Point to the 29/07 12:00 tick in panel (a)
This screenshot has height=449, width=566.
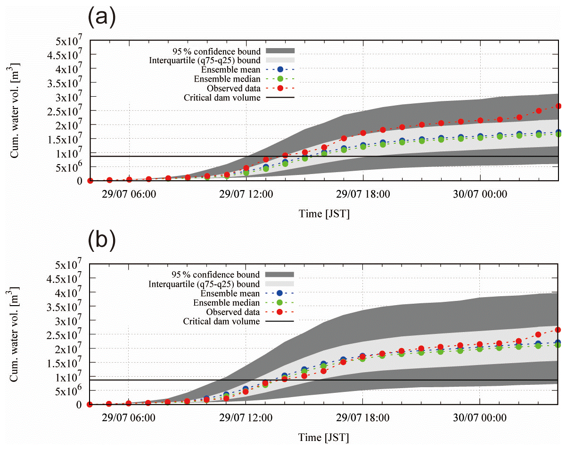tap(246, 194)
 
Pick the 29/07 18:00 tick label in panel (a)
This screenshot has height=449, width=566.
tap(363, 194)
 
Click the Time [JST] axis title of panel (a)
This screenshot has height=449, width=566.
tap(324, 214)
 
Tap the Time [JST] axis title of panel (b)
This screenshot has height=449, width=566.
tap(324, 438)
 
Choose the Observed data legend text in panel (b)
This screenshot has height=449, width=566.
tap(233, 312)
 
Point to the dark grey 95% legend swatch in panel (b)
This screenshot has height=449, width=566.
tap(280, 274)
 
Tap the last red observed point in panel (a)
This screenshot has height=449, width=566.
tap(558, 106)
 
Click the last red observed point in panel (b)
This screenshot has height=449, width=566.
tap(558, 330)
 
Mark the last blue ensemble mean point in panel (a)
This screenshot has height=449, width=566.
tap(558, 133)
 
